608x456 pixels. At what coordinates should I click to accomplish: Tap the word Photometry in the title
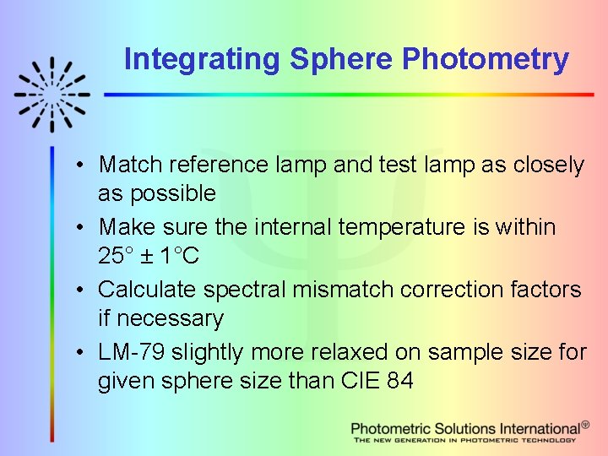tap(486, 60)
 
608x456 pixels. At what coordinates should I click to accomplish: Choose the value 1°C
tap(181, 256)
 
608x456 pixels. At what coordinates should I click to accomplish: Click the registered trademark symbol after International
tap(585, 425)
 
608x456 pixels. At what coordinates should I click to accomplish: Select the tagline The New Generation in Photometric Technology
tap(464, 440)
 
